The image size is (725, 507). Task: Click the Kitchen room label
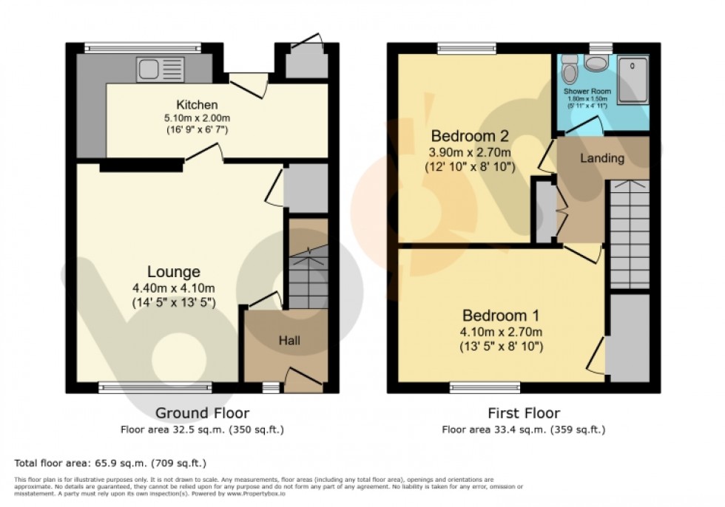click(x=197, y=104)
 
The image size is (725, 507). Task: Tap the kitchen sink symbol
click(x=159, y=70)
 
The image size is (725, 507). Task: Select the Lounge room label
click(x=173, y=272)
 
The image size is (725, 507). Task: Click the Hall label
click(x=289, y=340)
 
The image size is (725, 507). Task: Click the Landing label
click(x=601, y=158)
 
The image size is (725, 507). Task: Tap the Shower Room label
click(x=587, y=92)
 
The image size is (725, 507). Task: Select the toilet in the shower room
click(x=570, y=69)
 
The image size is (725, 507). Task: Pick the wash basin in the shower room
click(x=595, y=64)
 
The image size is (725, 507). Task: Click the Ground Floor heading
click(x=201, y=413)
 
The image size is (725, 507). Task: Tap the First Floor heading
click(x=523, y=413)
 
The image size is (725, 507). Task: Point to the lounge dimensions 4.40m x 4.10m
click(x=173, y=288)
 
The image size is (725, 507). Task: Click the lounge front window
click(x=155, y=386)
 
